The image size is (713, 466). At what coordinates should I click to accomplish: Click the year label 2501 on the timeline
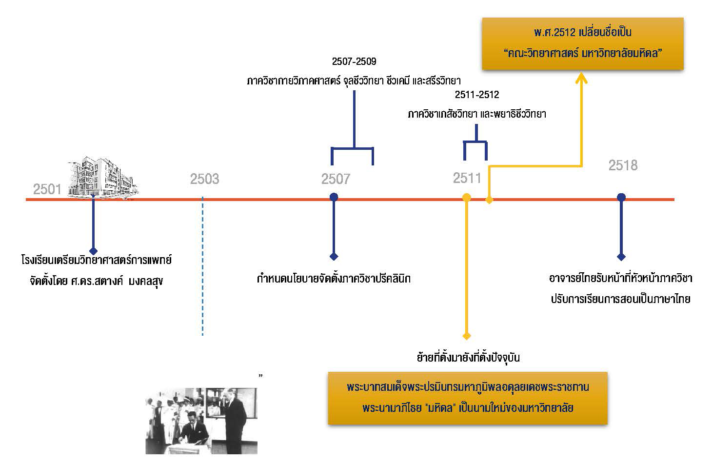[47, 189]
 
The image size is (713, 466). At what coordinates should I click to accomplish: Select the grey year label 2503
[204, 179]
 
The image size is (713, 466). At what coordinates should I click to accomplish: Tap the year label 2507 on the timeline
[336, 179]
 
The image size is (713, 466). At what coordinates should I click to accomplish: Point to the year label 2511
[467, 178]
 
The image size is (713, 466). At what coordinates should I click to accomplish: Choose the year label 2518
[623, 165]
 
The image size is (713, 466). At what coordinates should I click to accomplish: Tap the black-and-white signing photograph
[201, 420]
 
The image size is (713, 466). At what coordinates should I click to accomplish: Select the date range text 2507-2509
[354, 61]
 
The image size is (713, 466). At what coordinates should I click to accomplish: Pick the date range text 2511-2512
[477, 95]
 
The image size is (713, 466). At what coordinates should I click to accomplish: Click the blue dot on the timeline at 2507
[334, 197]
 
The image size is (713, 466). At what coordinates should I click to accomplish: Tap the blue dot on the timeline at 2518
[621, 197]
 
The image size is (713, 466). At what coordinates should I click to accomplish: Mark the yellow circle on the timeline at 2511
[466, 198]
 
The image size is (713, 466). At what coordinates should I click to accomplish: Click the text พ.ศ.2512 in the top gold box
[555, 33]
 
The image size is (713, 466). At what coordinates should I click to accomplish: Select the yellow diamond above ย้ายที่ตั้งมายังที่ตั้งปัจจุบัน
[466, 336]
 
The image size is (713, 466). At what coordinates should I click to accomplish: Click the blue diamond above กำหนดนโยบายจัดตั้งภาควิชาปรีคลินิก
[334, 257]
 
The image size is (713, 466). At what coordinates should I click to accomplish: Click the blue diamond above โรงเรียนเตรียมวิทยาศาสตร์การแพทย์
[93, 250]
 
